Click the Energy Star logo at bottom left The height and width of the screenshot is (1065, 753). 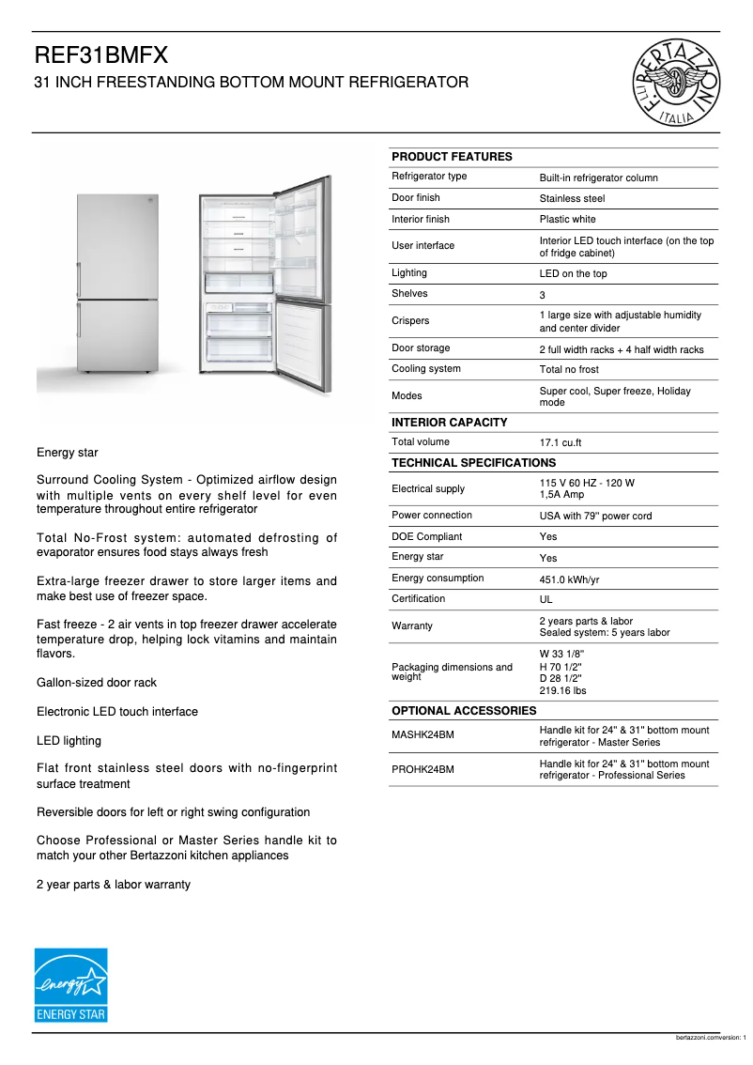[71, 985]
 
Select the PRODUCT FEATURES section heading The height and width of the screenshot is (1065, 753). [452, 157]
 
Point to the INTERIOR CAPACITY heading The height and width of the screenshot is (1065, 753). [449, 423]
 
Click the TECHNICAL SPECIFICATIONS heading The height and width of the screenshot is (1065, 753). [473, 463]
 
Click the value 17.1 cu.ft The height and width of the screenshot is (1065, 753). [561, 442]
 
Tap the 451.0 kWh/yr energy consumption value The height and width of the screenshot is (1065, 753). [570, 579]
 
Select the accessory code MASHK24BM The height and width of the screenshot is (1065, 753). [423, 734]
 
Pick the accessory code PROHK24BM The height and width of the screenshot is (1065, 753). [423, 769]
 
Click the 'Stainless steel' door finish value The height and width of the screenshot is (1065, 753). [572, 199]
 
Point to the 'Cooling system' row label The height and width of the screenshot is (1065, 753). [425, 369]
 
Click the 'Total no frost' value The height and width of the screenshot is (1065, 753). [568, 370]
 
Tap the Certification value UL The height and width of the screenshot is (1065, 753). [546, 599]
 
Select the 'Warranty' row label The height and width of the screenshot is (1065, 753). [411, 625]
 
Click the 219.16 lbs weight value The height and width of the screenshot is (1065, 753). [562, 690]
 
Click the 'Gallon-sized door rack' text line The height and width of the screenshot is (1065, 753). [97, 683]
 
